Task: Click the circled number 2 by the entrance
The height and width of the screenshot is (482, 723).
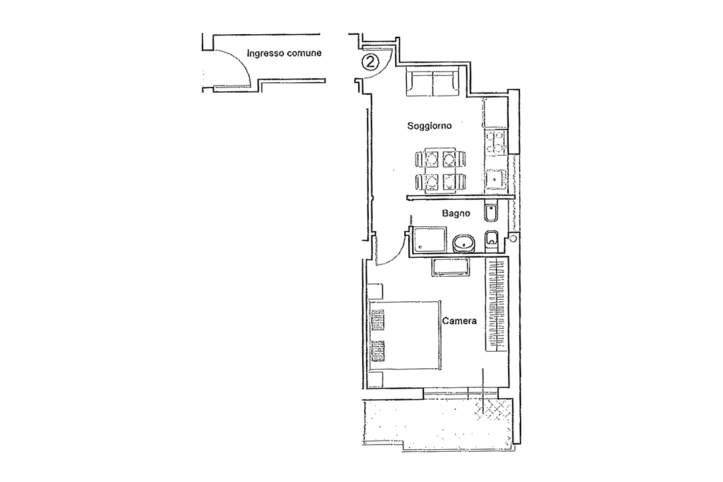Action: pyautogui.click(x=370, y=62)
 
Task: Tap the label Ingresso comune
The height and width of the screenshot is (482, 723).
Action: pyautogui.click(x=284, y=53)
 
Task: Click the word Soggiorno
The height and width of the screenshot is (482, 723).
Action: pyautogui.click(x=429, y=126)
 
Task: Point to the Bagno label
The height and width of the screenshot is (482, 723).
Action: pyautogui.click(x=456, y=213)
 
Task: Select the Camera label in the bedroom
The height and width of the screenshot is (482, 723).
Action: pyautogui.click(x=459, y=320)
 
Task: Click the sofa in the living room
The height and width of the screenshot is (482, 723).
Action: pyautogui.click(x=432, y=82)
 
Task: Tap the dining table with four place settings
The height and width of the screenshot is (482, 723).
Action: pyautogui.click(x=440, y=170)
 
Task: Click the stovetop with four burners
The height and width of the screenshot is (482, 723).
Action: pyautogui.click(x=495, y=143)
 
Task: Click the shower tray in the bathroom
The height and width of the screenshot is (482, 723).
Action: pyautogui.click(x=430, y=239)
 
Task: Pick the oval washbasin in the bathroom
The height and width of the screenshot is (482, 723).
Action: pyautogui.click(x=464, y=243)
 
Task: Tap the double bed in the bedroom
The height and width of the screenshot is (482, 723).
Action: pyautogui.click(x=404, y=335)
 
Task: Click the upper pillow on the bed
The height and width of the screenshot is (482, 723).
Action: pyautogui.click(x=377, y=320)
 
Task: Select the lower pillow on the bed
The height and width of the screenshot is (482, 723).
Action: pyautogui.click(x=377, y=351)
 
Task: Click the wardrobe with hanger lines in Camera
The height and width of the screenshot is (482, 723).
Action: pyautogui.click(x=496, y=305)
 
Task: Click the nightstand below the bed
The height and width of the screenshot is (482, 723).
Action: pyautogui.click(x=376, y=379)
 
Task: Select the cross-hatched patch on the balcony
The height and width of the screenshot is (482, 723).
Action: pyautogui.click(x=494, y=408)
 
